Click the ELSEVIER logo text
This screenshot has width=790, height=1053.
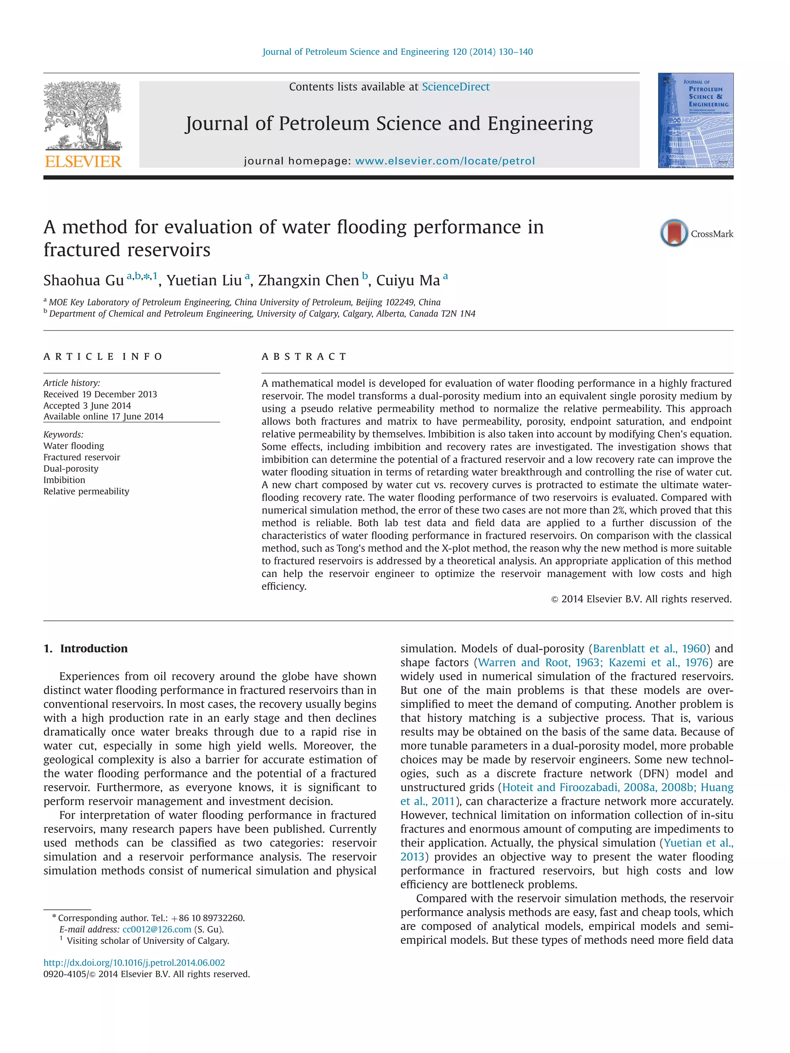pyautogui.click(x=83, y=162)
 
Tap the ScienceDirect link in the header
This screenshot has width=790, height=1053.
pyautogui.click(x=455, y=87)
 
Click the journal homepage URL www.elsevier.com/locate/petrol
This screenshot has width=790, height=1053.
pyautogui.click(x=445, y=161)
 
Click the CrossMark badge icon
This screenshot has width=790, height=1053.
pyautogui.click(x=674, y=233)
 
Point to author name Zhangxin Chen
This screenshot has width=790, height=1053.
pyautogui.click(x=308, y=280)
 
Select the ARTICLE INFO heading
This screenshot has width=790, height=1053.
pyautogui.click(x=103, y=357)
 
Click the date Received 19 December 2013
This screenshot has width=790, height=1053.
pyautogui.click(x=100, y=394)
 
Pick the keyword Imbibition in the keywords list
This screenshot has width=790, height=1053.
pyautogui.click(x=64, y=480)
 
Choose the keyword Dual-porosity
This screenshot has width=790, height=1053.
pyautogui.click(x=71, y=468)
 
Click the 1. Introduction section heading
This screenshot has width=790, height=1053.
pyautogui.click(x=86, y=649)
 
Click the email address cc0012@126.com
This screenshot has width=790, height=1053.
pyautogui.click(x=157, y=929)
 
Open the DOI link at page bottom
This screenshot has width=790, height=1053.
pyautogui.click(x=134, y=962)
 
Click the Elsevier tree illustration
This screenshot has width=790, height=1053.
pyautogui.click(x=83, y=115)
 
